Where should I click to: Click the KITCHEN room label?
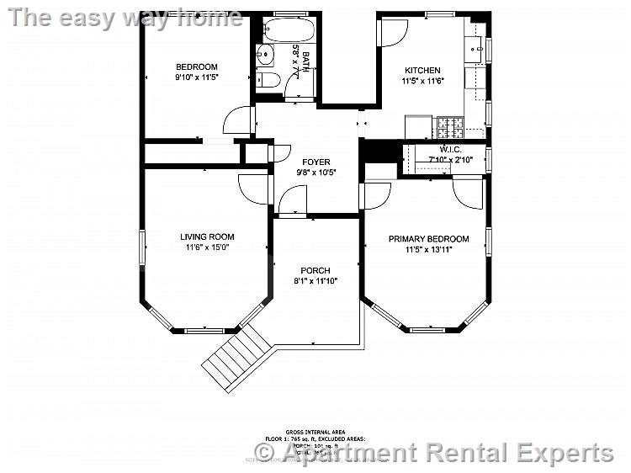(x=422, y=71)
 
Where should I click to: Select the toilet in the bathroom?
(x=268, y=81)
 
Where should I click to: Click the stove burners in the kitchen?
(x=448, y=128)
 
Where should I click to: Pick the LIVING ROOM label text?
(x=207, y=236)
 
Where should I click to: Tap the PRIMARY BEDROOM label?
(x=428, y=239)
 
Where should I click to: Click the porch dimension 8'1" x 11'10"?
(x=315, y=281)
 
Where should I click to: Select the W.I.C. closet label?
(x=450, y=149)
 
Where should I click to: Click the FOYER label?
(x=315, y=162)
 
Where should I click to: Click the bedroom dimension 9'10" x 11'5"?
(x=196, y=78)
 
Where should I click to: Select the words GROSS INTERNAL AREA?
(x=315, y=432)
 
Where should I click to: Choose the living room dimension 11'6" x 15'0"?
(x=207, y=247)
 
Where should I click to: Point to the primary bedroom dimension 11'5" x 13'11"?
(x=428, y=250)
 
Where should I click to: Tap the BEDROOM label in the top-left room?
(x=196, y=67)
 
